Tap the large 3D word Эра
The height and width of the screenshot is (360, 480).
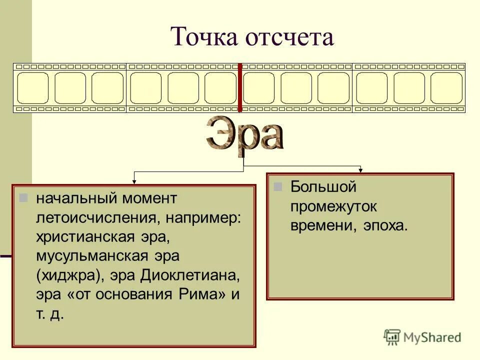pos(244,134)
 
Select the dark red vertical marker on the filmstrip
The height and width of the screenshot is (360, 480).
pos(240,87)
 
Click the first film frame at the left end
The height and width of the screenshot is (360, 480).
pos(32,88)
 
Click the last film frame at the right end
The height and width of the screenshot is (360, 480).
pos(446,88)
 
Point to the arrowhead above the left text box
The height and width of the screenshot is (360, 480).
pos(134,181)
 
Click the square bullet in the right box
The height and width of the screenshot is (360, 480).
pos(278,186)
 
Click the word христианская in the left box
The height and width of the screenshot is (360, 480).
pos(84,236)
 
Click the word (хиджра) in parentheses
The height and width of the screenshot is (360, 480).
pos(61,275)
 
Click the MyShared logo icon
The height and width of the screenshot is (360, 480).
pos(392,337)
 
